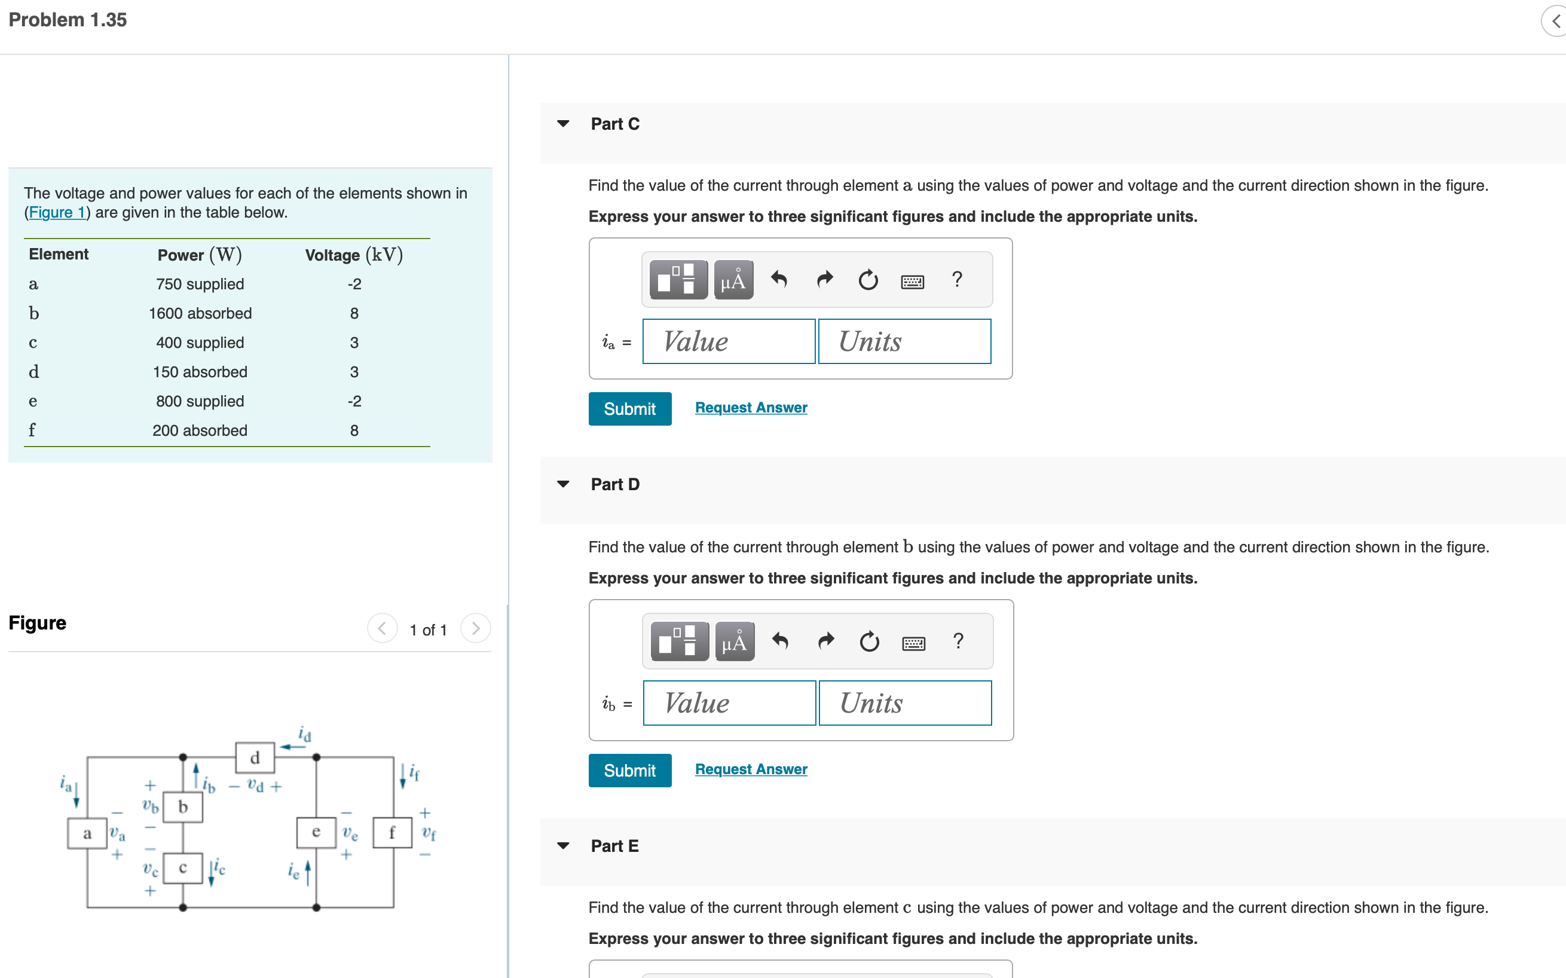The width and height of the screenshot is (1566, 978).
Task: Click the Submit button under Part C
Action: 629,409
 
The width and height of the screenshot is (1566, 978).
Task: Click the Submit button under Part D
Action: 629,771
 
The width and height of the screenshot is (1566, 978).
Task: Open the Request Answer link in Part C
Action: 751,408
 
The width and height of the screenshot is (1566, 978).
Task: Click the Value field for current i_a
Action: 729,341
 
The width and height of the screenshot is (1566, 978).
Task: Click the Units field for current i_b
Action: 904,703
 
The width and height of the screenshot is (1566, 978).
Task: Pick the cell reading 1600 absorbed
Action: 200,314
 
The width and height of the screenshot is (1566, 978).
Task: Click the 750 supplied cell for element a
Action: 200,284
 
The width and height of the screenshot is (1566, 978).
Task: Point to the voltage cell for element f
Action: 354,431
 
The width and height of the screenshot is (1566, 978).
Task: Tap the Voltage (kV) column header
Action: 354,255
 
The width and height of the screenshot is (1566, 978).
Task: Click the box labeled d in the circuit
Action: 255,757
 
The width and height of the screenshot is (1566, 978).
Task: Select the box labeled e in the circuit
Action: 316,832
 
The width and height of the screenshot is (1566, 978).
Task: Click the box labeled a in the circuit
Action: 87,833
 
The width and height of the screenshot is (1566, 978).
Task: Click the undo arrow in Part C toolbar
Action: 779,280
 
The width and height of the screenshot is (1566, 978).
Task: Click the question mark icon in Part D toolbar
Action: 958,641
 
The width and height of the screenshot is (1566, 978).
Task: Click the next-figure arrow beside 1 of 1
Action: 475,629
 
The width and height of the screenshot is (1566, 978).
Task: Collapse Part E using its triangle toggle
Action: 562,845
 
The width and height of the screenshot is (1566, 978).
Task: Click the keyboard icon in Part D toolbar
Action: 913,643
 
